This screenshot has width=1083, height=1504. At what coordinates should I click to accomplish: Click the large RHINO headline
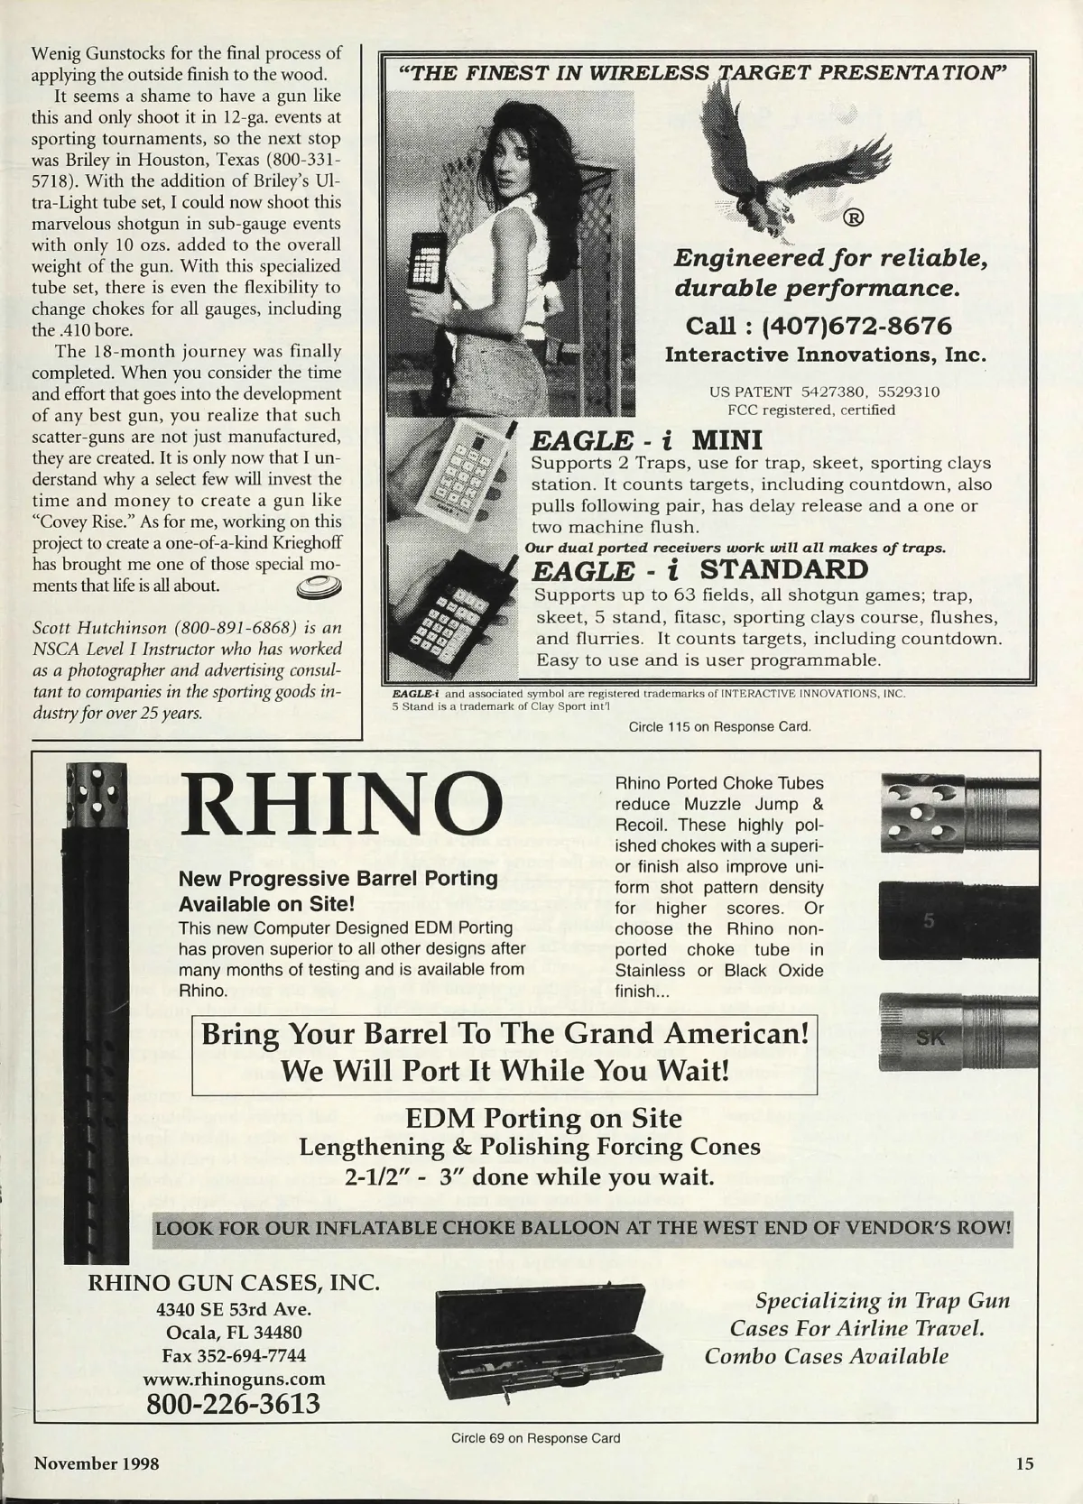click(x=342, y=804)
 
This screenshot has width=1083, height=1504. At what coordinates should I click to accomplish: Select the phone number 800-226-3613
click(x=233, y=1403)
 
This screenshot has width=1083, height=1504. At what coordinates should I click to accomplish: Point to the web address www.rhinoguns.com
click(x=234, y=1379)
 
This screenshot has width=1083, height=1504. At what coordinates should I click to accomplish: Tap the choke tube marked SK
click(x=957, y=1031)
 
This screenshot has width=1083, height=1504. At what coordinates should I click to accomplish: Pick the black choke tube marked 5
click(x=957, y=920)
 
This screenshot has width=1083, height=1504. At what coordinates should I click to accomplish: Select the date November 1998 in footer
click(x=97, y=1463)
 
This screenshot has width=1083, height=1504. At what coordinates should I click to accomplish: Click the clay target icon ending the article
click(x=319, y=587)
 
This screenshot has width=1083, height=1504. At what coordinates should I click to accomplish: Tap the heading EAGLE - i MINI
click(x=646, y=440)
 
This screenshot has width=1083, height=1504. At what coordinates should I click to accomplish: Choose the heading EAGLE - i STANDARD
click(x=699, y=570)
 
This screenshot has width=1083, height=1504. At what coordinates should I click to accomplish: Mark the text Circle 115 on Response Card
click(x=713, y=725)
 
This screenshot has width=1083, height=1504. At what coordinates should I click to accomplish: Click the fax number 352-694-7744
click(x=234, y=1355)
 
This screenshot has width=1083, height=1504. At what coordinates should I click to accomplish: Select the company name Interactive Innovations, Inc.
click(x=825, y=355)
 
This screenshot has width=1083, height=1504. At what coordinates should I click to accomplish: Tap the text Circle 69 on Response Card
click(x=535, y=1438)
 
